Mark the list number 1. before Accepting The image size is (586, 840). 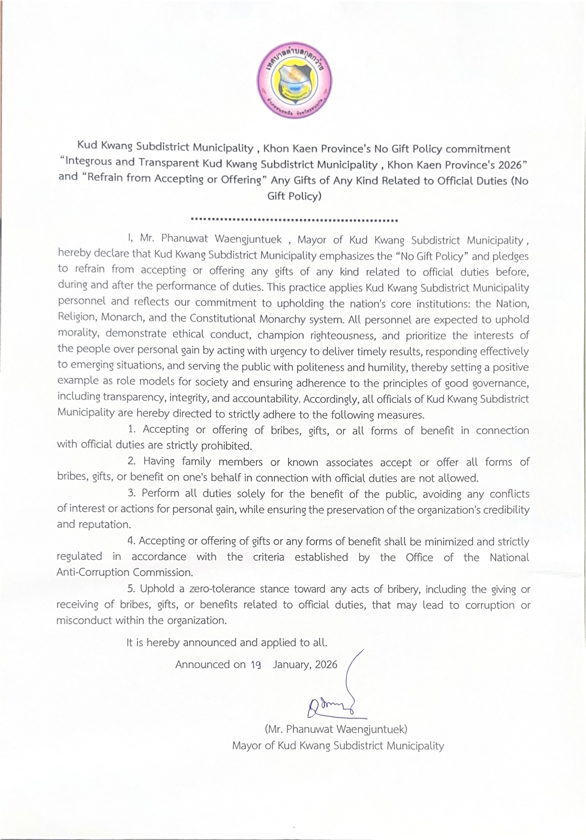click(132, 430)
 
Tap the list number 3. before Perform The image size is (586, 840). click(132, 493)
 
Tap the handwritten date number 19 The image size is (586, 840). click(256, 665)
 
